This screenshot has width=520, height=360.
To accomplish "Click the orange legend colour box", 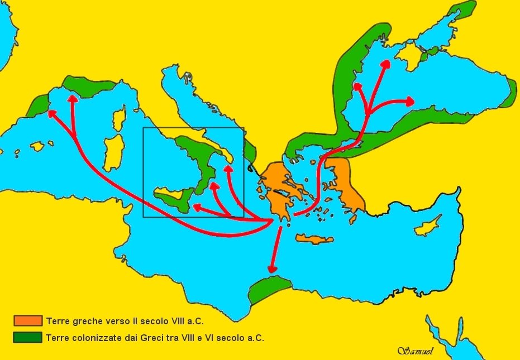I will (x=28, y=320).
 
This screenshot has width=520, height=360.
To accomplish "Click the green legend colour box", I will (x=28, y=337).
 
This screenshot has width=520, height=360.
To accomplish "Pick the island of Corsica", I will (x=119, y=118).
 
